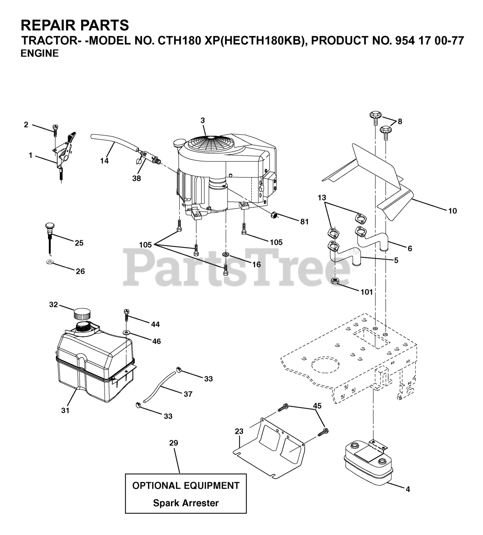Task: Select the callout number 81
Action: coord(304,222)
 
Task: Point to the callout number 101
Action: coord(366,292)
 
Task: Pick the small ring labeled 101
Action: coord(335,281)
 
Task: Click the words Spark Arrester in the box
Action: coord(186,503)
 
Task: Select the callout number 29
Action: coord(174,443)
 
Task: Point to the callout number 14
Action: coord(105,161)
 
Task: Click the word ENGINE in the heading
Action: coord(40,53)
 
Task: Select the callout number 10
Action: coord(452,211)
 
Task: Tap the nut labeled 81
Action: coord(274,215)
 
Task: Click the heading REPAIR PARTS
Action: coord(75,25)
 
